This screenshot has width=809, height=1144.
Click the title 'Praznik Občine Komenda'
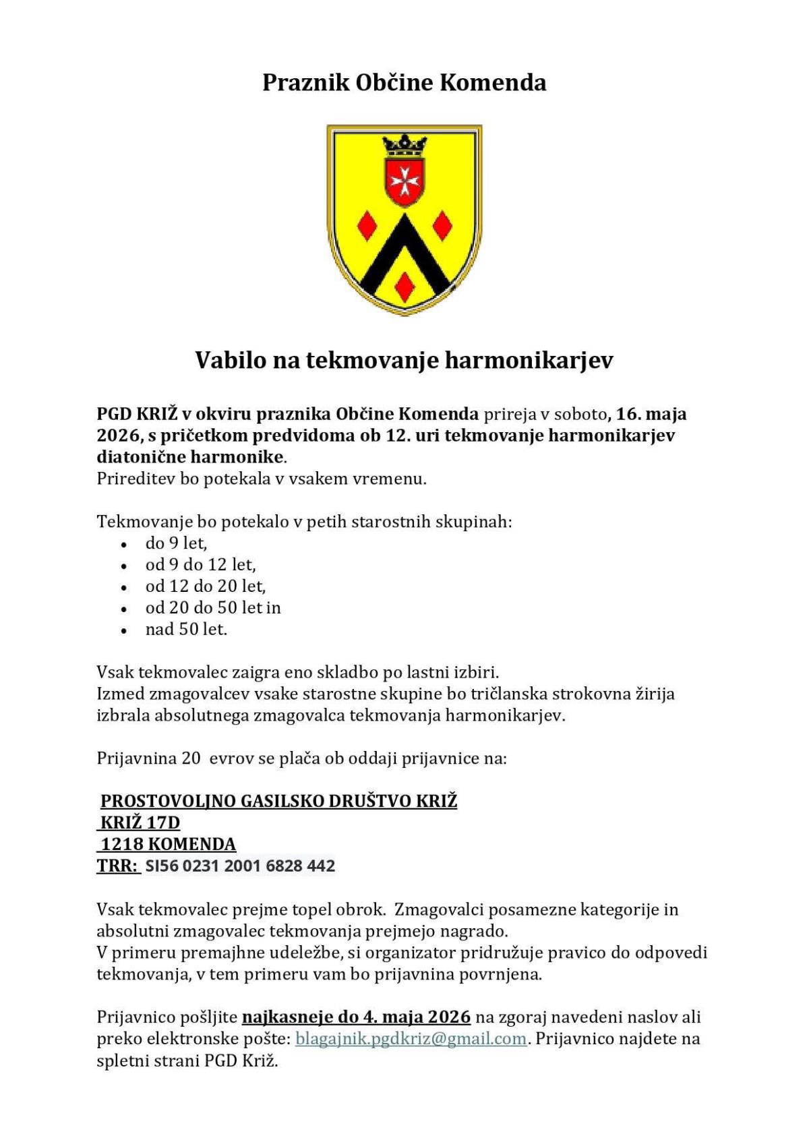pos(404,83)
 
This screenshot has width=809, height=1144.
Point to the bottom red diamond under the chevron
pos(404,286)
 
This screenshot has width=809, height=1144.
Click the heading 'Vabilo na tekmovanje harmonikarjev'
pos(404,360)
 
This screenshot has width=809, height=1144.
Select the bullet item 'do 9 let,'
pos(176,543)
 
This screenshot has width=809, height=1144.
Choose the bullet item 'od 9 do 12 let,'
pos(200,565)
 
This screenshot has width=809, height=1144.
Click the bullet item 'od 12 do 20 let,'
pos(206,586)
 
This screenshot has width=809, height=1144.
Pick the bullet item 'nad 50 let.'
pos(186,630)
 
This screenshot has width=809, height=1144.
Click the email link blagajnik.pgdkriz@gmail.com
pos(411,1039)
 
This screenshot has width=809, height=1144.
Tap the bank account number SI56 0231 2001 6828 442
pos(240,866)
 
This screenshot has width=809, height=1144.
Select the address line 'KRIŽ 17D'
pos(140,823)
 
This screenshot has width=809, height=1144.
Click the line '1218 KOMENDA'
pos(168,845)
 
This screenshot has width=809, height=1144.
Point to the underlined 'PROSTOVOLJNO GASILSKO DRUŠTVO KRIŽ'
pos(278,802)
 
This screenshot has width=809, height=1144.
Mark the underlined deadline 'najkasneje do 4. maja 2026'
pos(356,1017)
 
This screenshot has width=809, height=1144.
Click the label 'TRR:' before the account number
pos(117,866)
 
